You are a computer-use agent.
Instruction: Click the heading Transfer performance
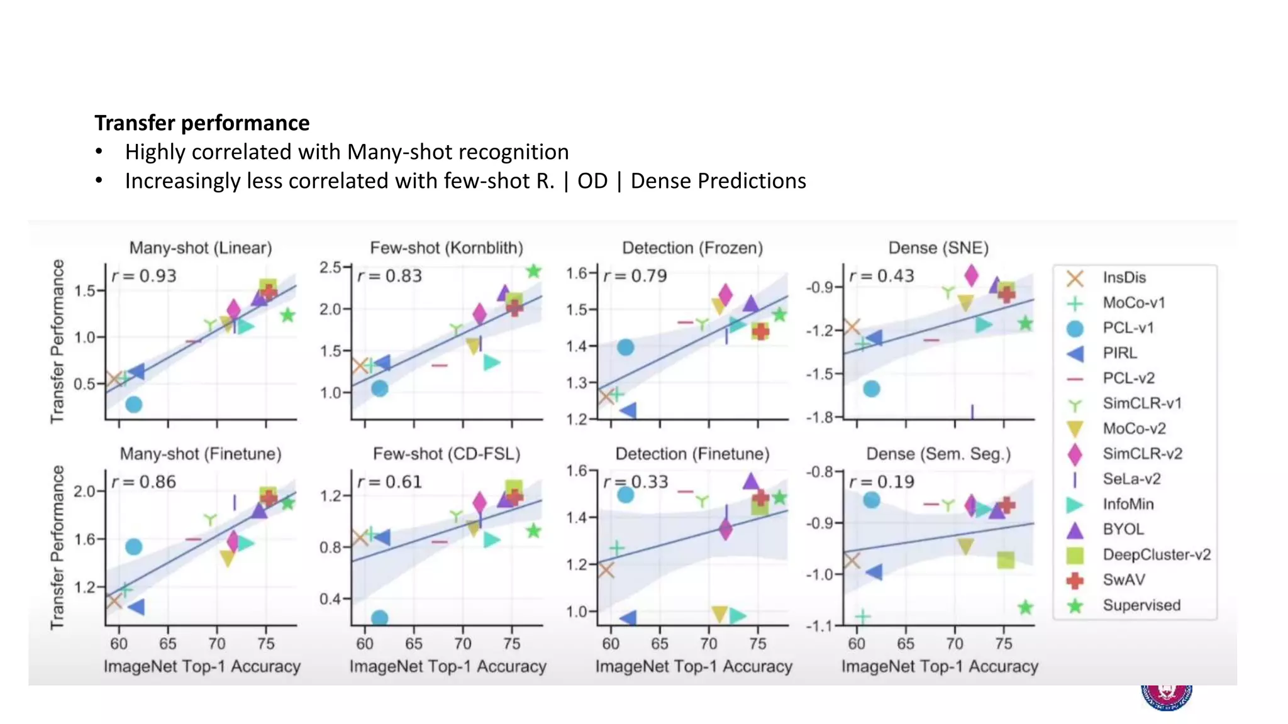[x=202, y=123]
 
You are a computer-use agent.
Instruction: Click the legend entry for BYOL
[x=1123, y=529]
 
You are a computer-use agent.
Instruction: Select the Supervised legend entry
[x=1141, y=605]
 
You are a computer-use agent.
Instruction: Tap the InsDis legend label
[x=1124, y=277]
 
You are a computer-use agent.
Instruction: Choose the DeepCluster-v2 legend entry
[x=1156, y=554]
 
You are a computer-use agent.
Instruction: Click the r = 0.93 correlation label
[x=144, y=276]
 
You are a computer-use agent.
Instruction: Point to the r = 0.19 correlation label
[x=882, y=482]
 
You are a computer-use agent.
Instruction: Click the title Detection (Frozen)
[x=692, y=248]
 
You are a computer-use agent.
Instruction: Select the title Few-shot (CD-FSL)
[x=447, y=454]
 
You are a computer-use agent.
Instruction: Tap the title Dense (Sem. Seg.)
[x=938, y=454]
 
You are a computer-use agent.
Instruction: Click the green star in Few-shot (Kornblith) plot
[x=533, y=271]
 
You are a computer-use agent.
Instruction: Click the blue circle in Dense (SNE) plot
[x=871, y=389]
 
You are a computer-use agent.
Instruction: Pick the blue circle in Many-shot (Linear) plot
[x=133, y=405]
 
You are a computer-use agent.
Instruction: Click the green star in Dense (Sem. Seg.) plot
[x=1025, y=607]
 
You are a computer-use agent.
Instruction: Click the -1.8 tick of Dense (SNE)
[x=819, y=417]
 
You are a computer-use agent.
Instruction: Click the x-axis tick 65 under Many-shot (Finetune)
[x=168, y=644]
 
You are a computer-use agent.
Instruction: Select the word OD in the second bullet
[x=592, y=181]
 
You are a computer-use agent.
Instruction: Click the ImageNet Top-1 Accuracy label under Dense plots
[x=940, y=666]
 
